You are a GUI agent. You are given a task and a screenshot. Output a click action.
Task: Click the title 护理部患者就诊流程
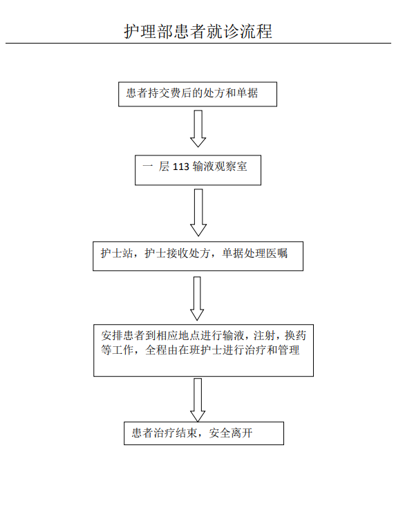(198, 32)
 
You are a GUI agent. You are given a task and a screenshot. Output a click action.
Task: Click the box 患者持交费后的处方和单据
(198, 94)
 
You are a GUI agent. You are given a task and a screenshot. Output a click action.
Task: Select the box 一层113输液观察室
(198, 170)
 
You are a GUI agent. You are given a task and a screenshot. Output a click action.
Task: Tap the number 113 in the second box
(180, 167)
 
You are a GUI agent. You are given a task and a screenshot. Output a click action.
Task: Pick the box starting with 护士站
(198, 256)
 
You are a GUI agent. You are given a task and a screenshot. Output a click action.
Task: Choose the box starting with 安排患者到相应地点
(203, 350)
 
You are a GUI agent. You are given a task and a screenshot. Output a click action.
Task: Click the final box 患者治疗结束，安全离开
(204, 433)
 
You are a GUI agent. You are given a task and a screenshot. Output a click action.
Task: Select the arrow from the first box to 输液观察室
(198, 129)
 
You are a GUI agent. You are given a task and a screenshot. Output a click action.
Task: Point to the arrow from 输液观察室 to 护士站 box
(198, 212)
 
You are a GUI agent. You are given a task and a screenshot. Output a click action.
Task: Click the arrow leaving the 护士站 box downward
(197, 299)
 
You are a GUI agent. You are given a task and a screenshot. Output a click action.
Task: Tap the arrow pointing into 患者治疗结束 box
(198, 400)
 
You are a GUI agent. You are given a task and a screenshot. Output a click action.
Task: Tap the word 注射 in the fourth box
(264, 335)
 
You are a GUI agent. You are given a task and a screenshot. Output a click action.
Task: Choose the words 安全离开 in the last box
(231, 433)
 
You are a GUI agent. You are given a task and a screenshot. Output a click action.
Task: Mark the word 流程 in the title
(256, 32)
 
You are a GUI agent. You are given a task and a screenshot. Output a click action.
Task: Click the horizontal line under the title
(198, 43)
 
